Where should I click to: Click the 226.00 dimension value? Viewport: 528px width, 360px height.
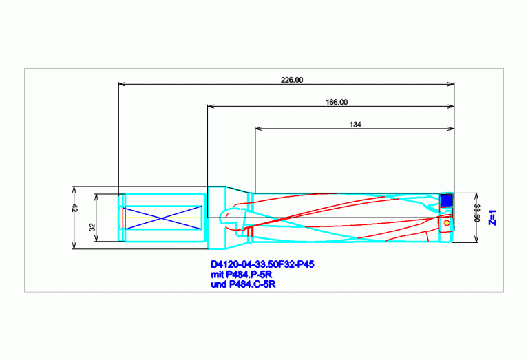tap(292, 80)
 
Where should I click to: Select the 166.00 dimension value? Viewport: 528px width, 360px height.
tap(337, 102)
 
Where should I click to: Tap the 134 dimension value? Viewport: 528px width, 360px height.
tap(355, 125)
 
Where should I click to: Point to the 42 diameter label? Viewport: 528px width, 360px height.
tap(75, 209)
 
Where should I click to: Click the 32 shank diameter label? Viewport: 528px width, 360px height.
tap(92, 227)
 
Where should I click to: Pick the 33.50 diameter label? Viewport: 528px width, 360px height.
tap(477, 213)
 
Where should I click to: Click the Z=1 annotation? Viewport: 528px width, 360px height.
tap(492, 218)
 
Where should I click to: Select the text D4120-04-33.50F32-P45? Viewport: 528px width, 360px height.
tap(263, 264)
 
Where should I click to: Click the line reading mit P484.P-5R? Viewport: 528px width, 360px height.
tap(241, 275)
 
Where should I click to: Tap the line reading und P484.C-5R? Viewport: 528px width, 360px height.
tap(243, 284)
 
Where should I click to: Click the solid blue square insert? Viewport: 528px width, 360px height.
tap(446, 200)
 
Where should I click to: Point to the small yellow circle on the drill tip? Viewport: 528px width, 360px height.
tap(447, 222)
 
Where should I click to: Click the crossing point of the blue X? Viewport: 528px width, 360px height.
tap(162, 218)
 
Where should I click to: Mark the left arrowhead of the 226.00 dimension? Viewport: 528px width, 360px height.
tap(122, 84)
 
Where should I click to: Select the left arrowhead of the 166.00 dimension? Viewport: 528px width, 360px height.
tap(211, 107)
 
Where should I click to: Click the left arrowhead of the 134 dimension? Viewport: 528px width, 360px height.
tap(258, 129)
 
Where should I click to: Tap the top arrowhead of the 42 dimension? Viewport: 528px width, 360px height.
tap(74, 189)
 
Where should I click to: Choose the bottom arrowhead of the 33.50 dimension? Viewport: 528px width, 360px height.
tap(476, 239)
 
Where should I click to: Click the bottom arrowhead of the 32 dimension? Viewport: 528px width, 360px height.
tap(96, 238)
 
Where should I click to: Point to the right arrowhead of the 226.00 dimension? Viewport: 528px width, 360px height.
tap(451, 84)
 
